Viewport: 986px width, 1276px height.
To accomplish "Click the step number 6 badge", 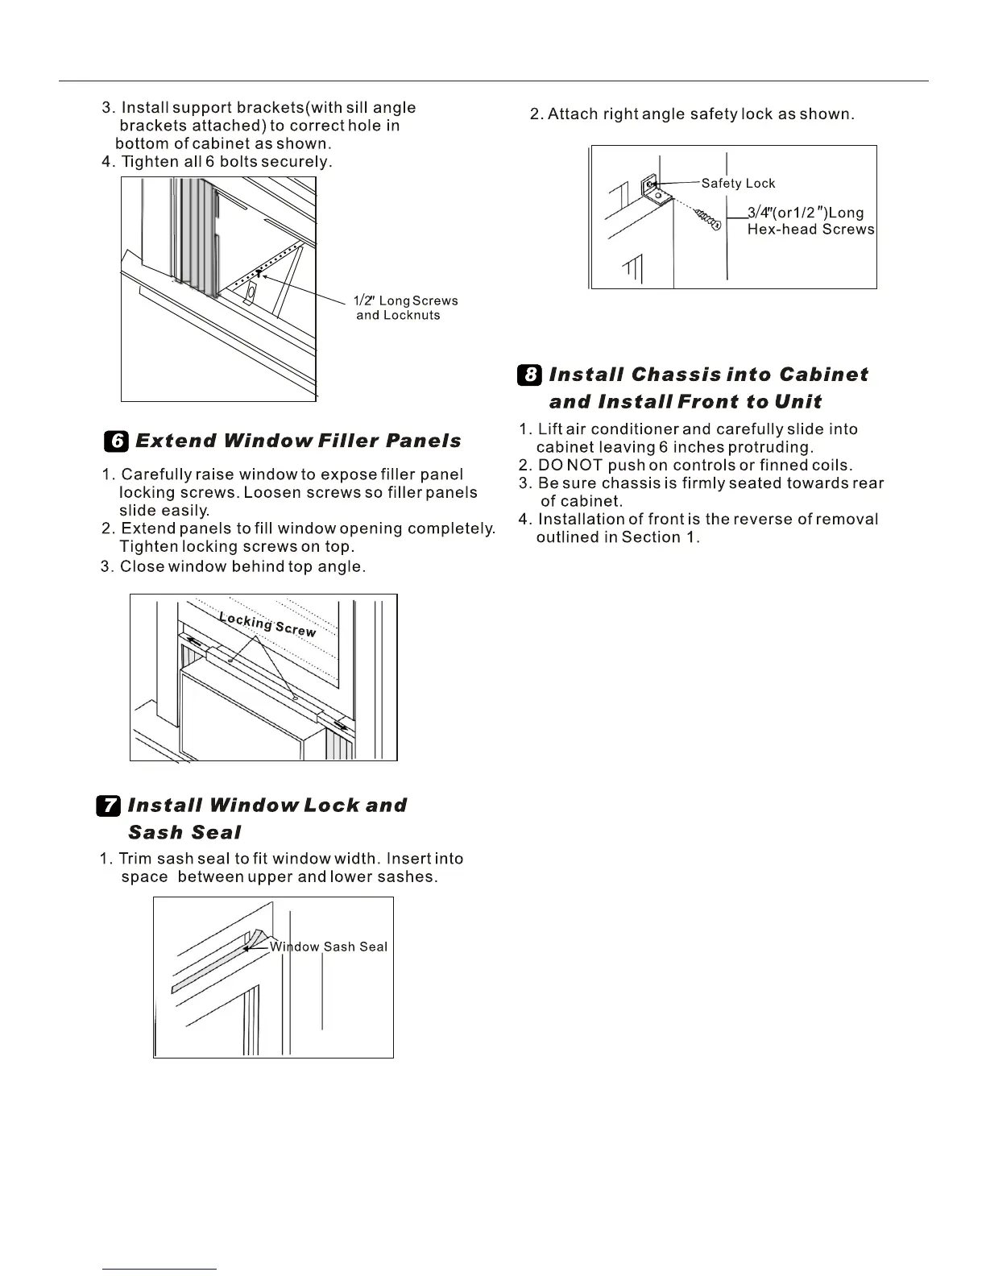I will (117, 441).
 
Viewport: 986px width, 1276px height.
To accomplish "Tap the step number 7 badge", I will (109, 806).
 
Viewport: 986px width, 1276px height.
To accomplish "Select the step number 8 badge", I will (530, 375).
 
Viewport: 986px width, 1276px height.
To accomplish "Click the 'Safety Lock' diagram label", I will (738, 183).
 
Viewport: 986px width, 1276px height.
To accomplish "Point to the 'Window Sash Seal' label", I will (329, 947).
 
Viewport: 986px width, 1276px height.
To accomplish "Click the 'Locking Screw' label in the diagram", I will (267, 623).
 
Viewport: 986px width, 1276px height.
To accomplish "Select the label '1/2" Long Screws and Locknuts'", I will (405, 308).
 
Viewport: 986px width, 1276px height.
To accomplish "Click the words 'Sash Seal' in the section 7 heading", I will (184, 832).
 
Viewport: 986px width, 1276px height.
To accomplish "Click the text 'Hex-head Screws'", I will (810, 230).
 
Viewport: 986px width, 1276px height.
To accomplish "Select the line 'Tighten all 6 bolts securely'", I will (217, 162).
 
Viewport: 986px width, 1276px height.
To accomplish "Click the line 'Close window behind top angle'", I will (233, 566).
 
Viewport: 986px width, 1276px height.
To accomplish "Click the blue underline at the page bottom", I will (159, 1270).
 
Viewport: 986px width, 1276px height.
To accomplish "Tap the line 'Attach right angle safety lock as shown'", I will (692, 114).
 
